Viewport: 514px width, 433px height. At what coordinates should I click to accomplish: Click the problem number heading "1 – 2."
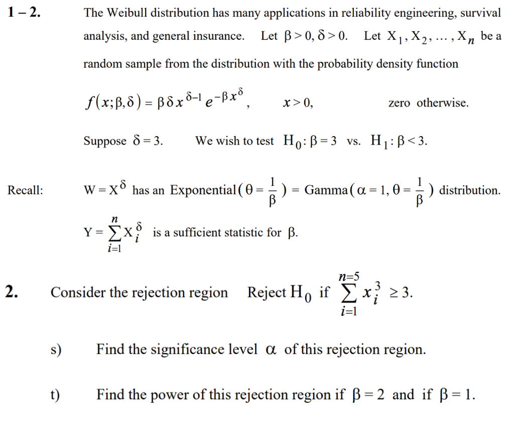pyautogui.click(x=24, y=13)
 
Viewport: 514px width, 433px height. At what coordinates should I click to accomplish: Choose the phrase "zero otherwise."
pyautogui.click(x=428, y=103)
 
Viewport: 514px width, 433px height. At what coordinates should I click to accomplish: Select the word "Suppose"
pyautogui.click(x=105, y=141)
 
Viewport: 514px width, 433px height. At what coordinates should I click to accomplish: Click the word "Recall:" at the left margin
pyautogui.click(x=25, y=191)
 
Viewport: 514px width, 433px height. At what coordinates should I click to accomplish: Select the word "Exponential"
pyautogui.click(x=203, y=191)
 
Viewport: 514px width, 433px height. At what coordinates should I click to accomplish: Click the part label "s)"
pyautogui.click(x=55, y=350)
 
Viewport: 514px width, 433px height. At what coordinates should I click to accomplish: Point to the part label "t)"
pyautogui.click(x=54, y=395)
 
